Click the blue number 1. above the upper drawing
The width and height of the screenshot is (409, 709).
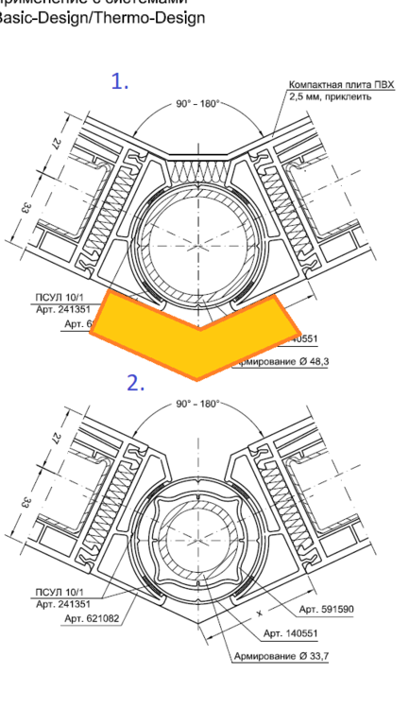coord(120,81)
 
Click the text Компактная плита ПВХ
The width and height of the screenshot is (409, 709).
coord(341,85)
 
